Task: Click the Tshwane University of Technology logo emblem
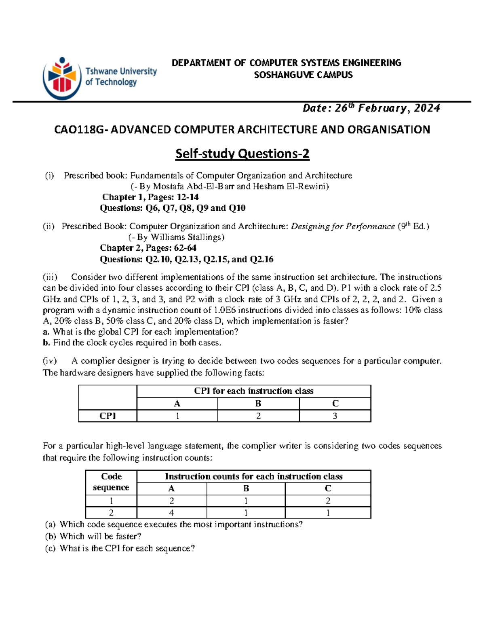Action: [62, 78]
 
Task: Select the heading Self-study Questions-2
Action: [242, 154]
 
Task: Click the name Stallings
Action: [206, 237]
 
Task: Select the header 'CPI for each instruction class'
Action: [253, 391]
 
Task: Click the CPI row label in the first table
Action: [108, 416]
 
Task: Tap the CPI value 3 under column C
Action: [335, 416]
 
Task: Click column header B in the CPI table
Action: [258, 403]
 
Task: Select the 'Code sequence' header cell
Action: [111, 482]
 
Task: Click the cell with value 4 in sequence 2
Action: [172, 513]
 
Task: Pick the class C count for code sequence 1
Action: [328, 501]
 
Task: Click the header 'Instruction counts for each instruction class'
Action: [253, 476]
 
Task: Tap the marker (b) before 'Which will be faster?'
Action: [50, 537]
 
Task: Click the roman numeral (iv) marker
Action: [50, 361]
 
